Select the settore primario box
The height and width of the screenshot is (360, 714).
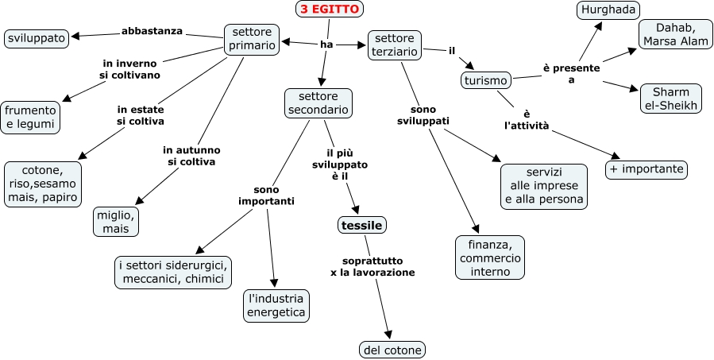252,39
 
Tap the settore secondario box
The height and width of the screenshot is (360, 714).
318,103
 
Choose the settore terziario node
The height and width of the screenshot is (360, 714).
395,45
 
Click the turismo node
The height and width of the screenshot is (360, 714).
486,80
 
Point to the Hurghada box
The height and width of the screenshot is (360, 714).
608,10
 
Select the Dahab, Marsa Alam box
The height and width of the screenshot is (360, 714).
672,34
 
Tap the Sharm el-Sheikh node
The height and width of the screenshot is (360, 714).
671,98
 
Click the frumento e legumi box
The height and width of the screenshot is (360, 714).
31,117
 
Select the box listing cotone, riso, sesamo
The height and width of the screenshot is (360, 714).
43,184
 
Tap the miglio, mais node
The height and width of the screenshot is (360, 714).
116,221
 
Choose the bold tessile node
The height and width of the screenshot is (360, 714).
362,226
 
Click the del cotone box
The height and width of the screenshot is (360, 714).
392,349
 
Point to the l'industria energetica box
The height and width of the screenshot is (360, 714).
276,306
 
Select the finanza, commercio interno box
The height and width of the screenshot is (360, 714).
490,257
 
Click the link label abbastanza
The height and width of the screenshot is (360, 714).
152,31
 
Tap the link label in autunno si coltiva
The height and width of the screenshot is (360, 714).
191,156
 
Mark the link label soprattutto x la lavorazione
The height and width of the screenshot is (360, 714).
372,266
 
